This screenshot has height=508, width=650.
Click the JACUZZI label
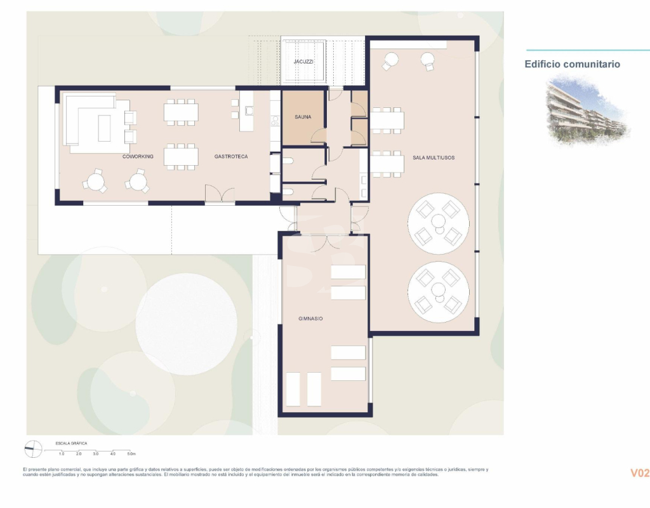click(x=303, y=62)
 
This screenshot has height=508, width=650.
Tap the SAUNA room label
click(x=303, y=117)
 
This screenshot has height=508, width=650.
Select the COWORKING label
click(x=138, y=157)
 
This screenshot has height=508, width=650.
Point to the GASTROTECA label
click(x=231, y=157)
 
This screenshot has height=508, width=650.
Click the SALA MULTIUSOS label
click(x=434, y=157)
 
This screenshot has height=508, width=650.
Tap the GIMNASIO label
click(x=310, y=319)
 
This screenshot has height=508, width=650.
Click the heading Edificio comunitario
click(x=573, y=64)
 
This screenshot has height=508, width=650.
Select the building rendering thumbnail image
click(x=588, y=110)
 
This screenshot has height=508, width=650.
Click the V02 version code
click(x=640, y=473)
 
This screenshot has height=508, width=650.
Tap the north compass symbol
click(x=33, y=449)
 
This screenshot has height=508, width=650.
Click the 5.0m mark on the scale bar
click(x=131, y=454)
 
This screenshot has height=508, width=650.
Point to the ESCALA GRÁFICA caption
click(x=71, y=443)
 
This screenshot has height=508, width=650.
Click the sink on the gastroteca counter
click(x=249, y=110)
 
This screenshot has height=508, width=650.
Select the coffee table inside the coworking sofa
click(x=104, y=128)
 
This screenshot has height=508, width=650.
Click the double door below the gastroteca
click(x=220, y=194)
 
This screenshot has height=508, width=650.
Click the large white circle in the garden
click(x=187, y=324)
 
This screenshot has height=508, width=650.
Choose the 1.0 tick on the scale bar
click(x=62, y=454)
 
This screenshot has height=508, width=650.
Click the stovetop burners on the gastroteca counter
click(x=275, y=121)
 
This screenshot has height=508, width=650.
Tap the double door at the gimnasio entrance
click(x=326, y=243)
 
